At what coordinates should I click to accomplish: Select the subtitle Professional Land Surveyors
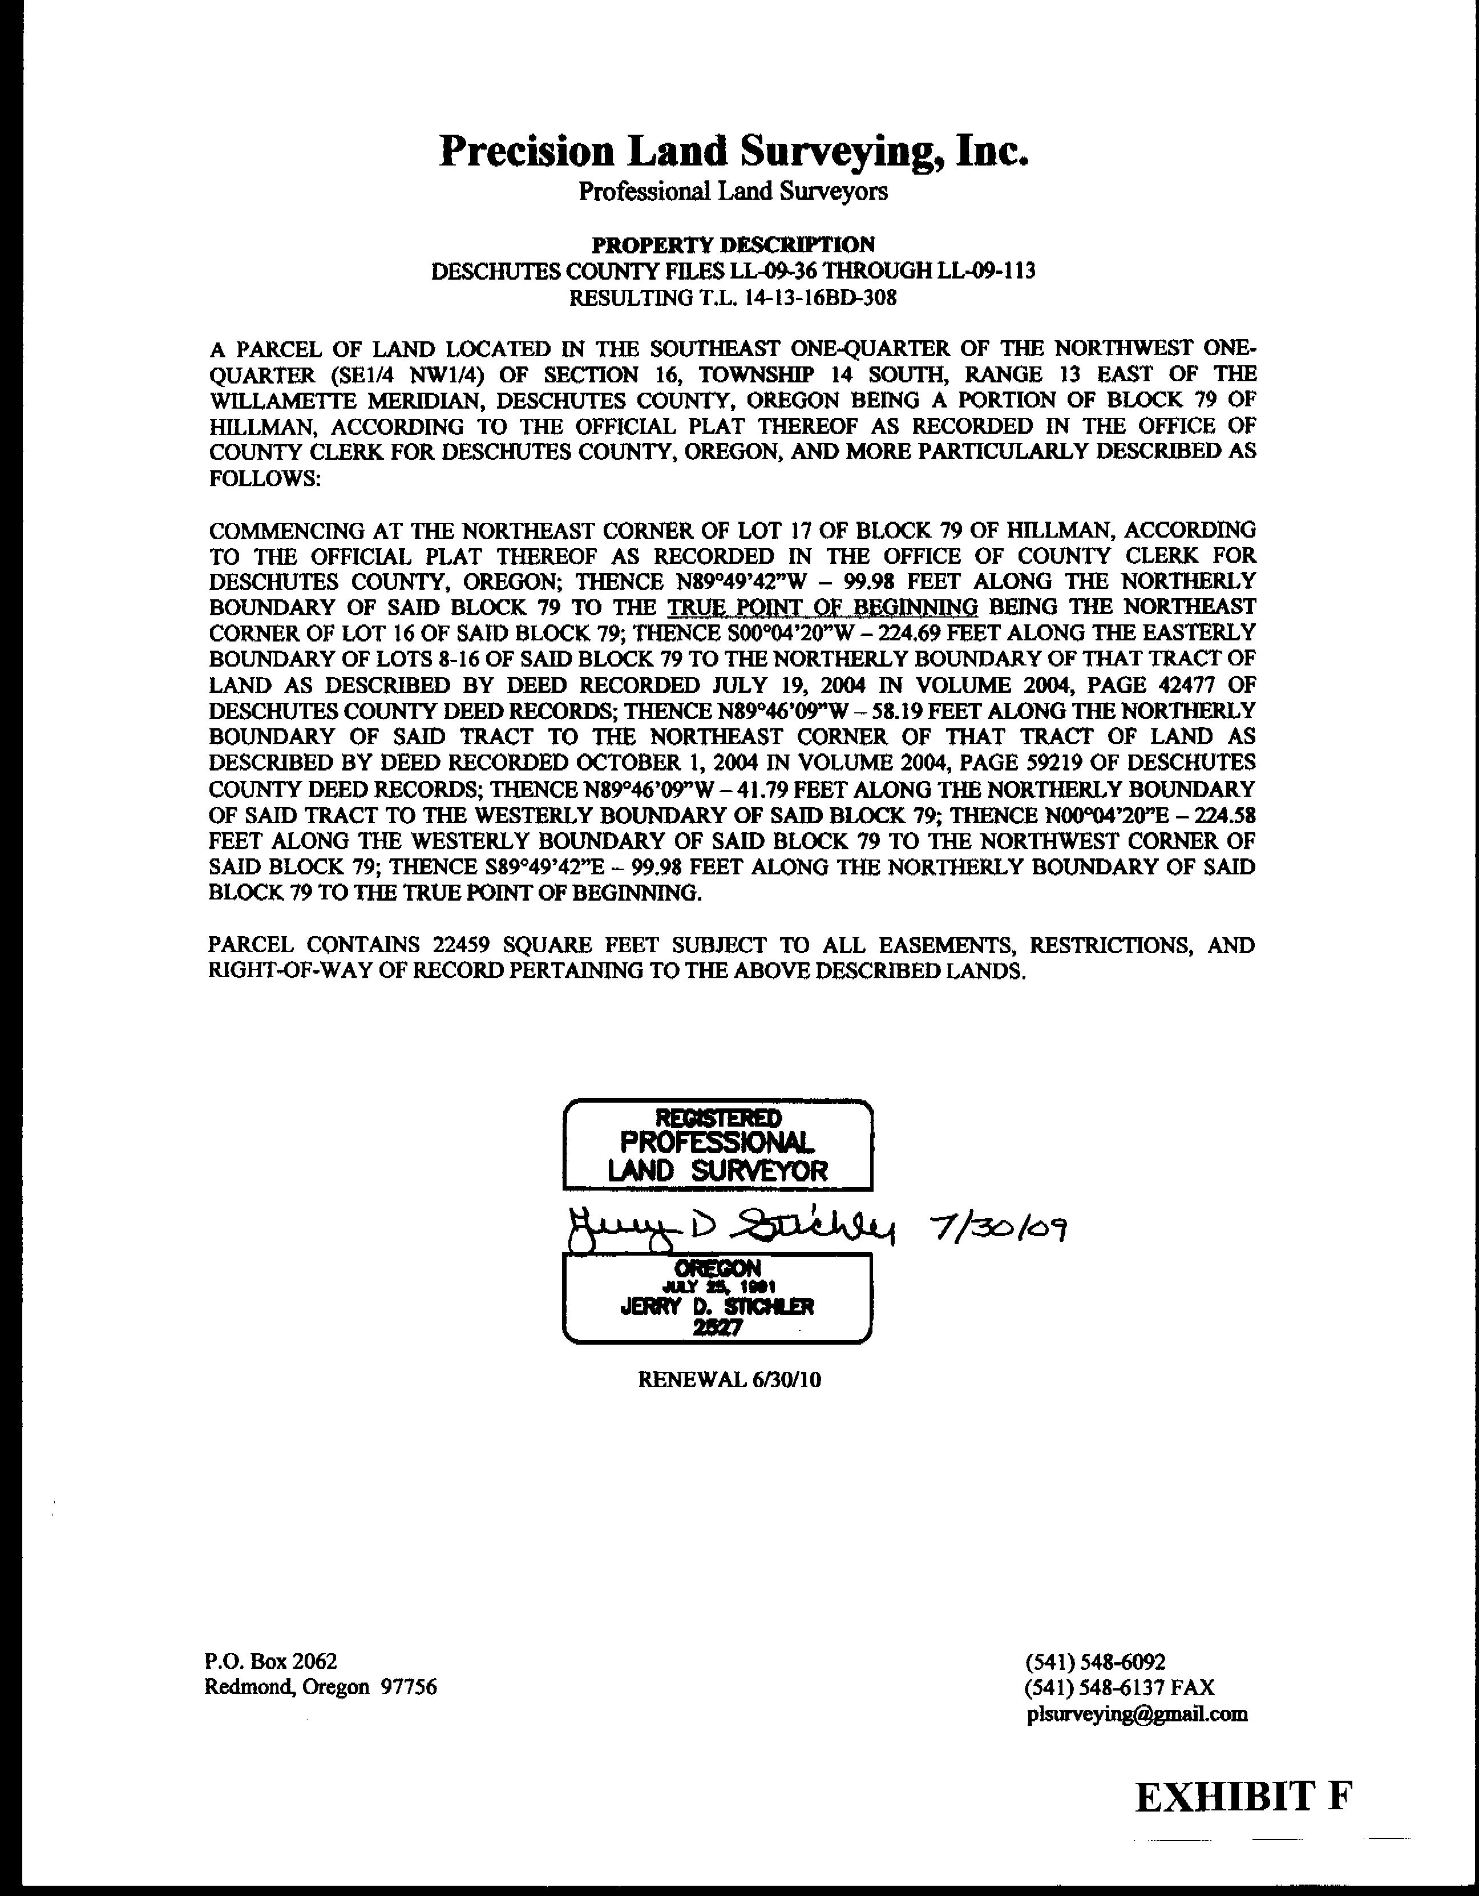click(x=733, y=191)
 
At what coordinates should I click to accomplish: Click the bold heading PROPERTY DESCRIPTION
click(x=733, y=245)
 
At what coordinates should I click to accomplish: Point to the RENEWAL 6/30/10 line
click(x=729, y=1379)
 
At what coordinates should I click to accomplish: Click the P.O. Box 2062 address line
click(x=271, y=1661)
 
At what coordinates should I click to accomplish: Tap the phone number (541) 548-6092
click(x=1096, y=1661)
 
